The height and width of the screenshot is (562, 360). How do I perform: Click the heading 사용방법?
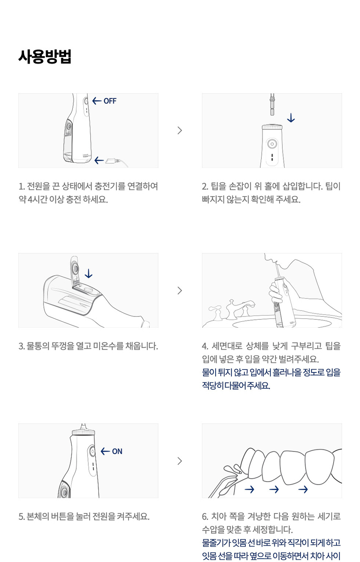45,56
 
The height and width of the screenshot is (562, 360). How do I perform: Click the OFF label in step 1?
110,101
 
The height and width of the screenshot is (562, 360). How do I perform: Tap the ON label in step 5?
117,452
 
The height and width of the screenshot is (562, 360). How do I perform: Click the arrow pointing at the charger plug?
99,160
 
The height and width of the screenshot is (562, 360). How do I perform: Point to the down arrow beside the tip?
291,118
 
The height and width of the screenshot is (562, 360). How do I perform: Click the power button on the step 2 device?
272,144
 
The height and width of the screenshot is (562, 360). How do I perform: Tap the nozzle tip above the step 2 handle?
272,104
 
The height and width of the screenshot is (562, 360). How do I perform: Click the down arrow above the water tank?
88,274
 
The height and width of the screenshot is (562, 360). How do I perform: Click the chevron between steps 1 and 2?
180,131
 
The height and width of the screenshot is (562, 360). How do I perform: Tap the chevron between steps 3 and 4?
180,290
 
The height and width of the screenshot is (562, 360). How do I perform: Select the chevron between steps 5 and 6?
180,461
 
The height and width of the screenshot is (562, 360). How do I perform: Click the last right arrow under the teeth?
303,489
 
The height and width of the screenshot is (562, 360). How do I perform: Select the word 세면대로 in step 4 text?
227,346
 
